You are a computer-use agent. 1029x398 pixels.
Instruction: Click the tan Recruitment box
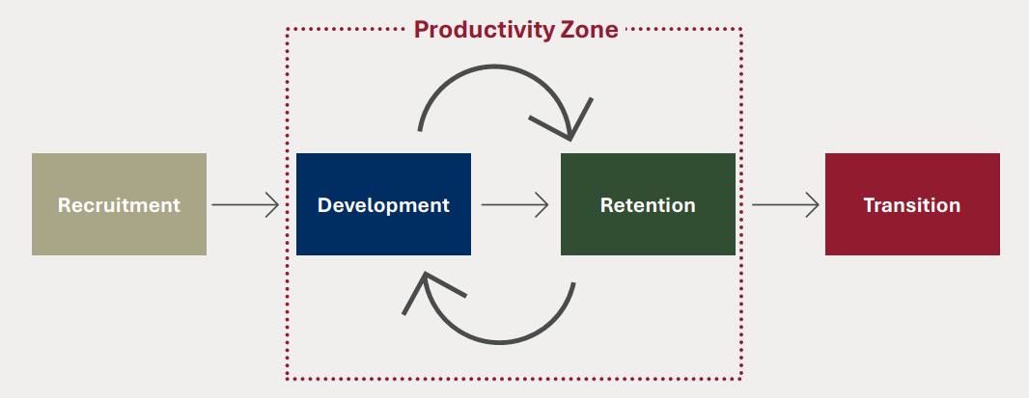119,204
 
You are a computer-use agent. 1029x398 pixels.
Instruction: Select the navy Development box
383,204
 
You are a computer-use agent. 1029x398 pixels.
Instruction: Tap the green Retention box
648,204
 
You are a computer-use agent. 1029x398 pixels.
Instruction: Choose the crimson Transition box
912,204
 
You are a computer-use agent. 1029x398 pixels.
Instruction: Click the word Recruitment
119,205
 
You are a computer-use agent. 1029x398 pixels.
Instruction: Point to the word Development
383,205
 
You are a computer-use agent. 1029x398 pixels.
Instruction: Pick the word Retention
648,205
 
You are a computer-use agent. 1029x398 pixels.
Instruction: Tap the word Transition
912,205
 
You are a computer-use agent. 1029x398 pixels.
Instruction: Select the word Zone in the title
590,30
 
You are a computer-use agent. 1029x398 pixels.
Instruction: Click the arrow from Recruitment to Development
245,204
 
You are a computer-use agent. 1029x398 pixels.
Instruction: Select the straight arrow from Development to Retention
514,204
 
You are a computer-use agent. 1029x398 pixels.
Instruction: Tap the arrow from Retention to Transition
786,204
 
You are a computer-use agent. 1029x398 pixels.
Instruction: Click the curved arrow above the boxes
495,66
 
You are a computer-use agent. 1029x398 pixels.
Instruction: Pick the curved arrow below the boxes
499,341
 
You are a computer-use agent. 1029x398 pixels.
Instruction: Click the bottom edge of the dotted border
514,379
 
